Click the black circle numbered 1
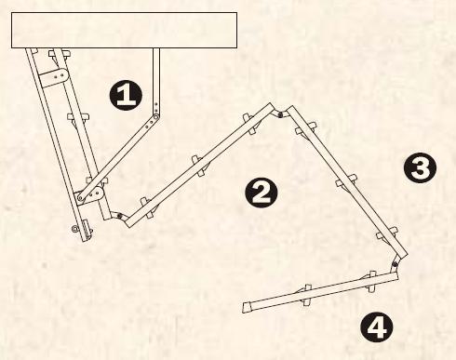pos(126,95)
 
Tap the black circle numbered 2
pos(262,193)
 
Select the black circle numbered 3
pos(420,167)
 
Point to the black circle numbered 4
pos(377,327)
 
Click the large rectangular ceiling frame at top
pos(124,30)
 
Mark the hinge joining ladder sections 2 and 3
pos(280,115)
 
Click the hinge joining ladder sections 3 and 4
pos(395,264)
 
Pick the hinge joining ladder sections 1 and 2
pos(118,215)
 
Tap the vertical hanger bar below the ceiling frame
pos(156,81)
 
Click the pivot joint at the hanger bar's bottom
pos(156,117)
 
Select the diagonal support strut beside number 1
pos(118,157)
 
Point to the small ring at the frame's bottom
pos(74,229)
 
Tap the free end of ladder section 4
pos(246,307)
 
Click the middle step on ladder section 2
pos(199,166)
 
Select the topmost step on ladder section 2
pos(250,124)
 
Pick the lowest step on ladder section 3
pos(386,233)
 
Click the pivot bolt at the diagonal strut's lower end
pos(81,197)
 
